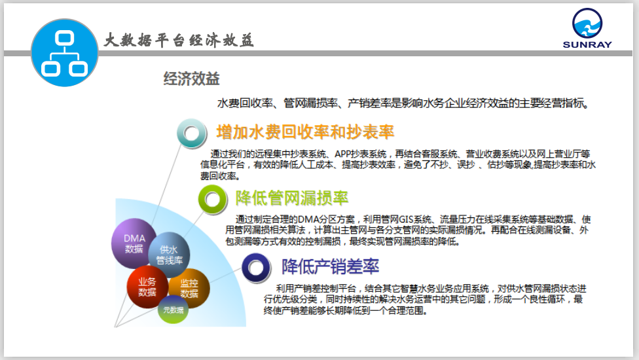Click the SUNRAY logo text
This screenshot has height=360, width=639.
[x=587, y=45]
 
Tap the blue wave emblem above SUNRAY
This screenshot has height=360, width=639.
[x=587, y=23]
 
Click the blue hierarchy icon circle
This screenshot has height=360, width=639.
[x=64, y=52]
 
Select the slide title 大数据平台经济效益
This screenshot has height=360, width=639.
[x=179, y=41]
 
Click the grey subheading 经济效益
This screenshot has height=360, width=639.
[x=192, y=79]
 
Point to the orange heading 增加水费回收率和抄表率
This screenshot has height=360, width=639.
[x=305, y=132]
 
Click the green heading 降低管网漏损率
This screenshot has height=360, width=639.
[x=292, y=198]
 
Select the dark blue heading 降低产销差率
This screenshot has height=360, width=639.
[x=331, y=267]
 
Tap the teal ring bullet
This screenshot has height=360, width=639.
[x=192, y=133]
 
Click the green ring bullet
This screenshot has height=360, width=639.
[x=212, y=199]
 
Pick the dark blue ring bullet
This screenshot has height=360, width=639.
[x=256, y=268]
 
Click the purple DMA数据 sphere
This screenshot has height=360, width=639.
[x=134, y=243]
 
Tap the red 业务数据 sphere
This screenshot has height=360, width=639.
[x=147, y=287]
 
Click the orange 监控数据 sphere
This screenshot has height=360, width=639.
[x=189, y=288]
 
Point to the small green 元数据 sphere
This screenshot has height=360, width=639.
[x=173, y=310]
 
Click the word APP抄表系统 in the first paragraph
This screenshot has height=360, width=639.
[x=361, y=154]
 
